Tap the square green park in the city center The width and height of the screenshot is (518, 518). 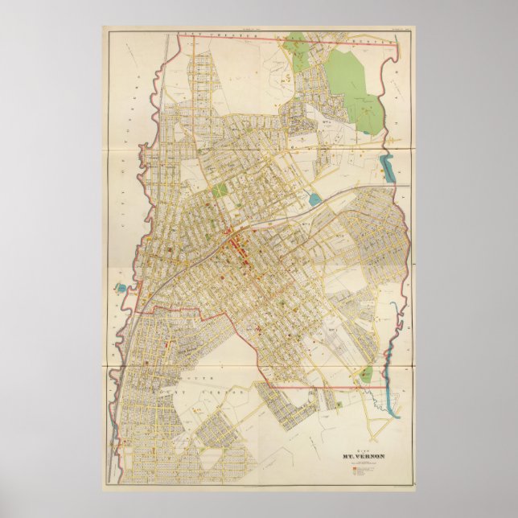(221, 192)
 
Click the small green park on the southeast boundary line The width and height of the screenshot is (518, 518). (366, 374)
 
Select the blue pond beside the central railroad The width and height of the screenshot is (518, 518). (314, 199)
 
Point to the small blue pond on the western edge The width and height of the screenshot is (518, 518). (120, 286)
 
